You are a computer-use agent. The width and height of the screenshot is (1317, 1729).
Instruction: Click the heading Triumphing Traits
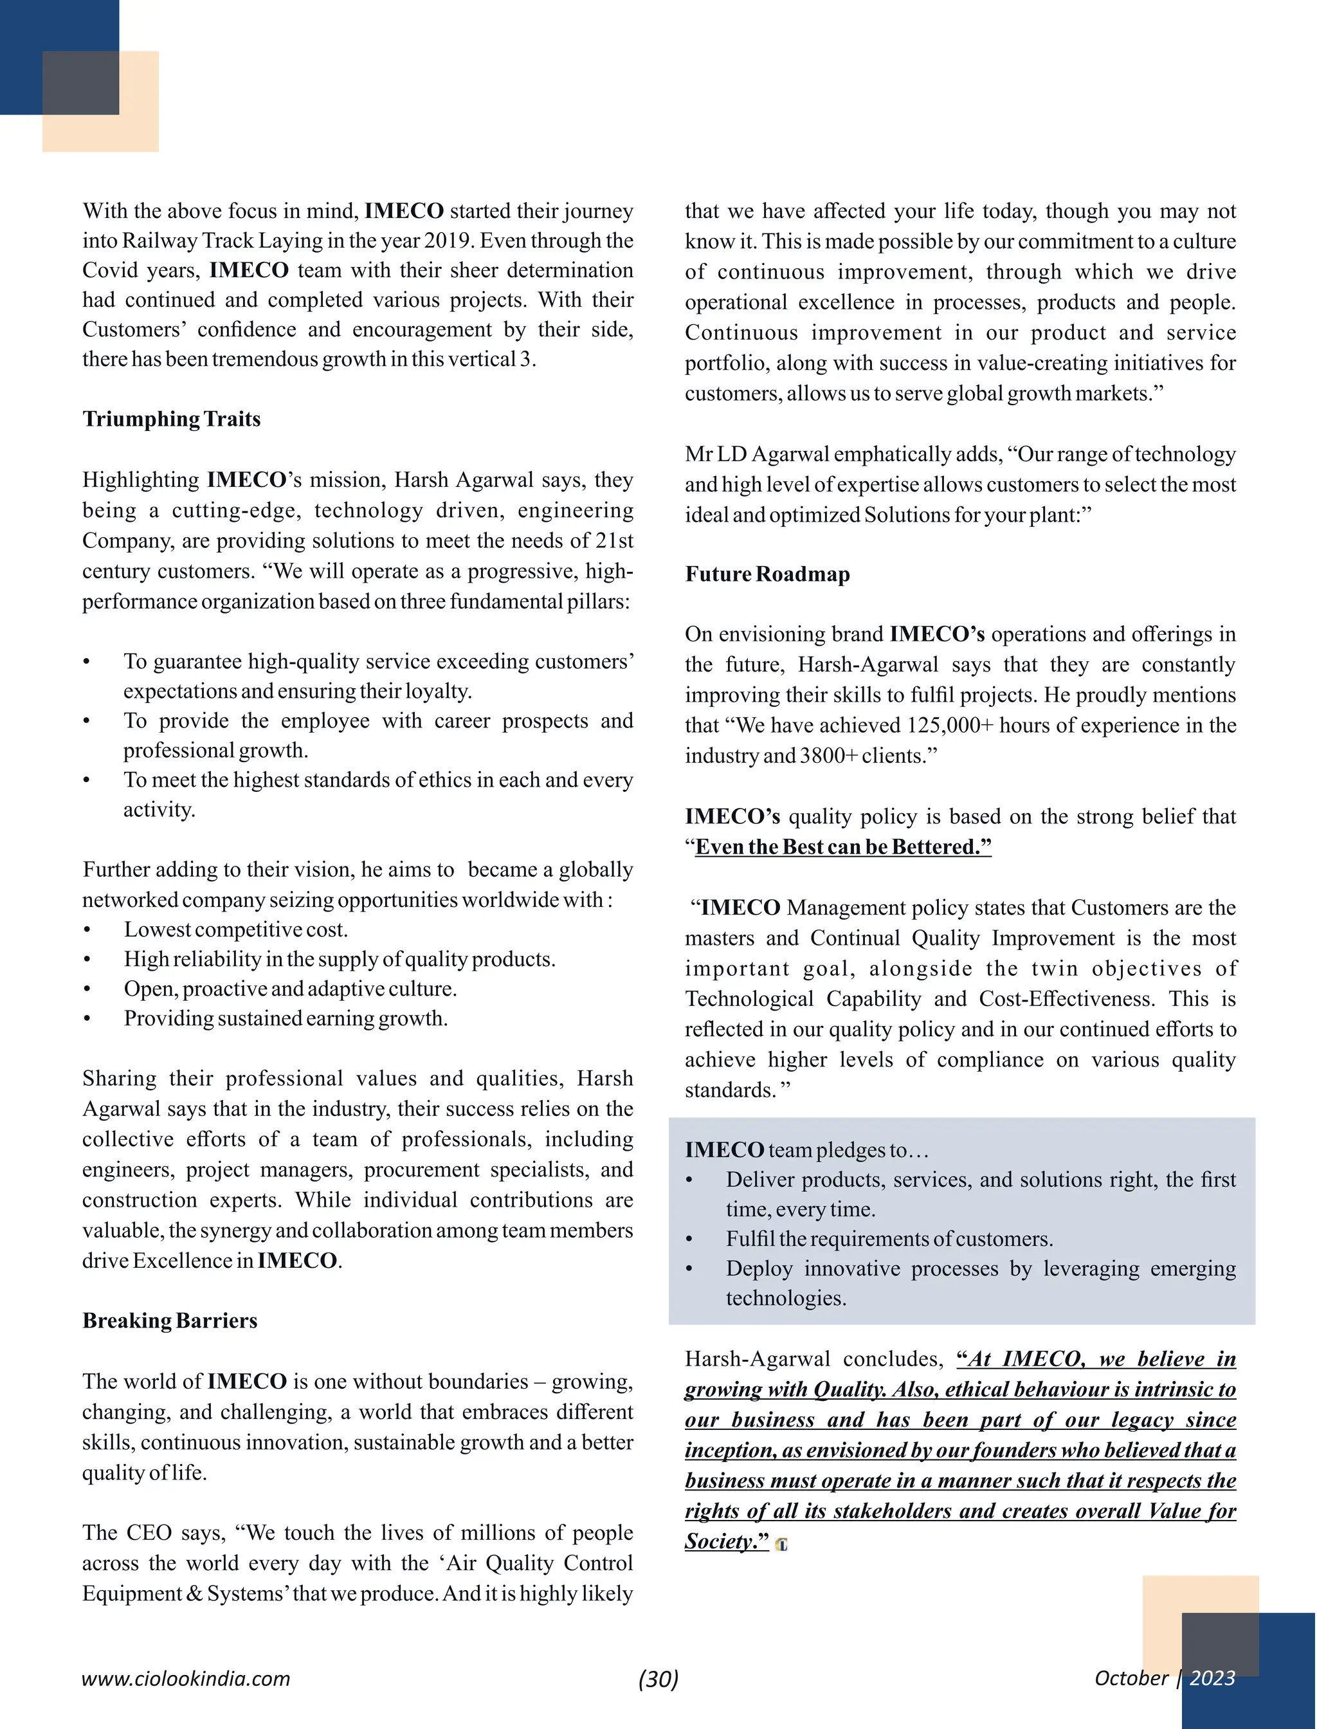[x=171, y=419]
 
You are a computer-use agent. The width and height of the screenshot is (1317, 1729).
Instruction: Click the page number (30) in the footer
[x=658, y=1678]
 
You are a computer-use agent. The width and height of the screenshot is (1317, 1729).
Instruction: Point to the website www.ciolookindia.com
[x=186, y=1679]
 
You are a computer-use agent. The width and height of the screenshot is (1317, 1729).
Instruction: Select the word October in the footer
[x=1131, y=1678]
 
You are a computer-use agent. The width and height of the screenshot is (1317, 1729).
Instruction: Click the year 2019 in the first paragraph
[x=448, y=241]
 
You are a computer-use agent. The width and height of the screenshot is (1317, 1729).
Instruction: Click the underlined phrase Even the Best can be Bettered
[x=842, y=847]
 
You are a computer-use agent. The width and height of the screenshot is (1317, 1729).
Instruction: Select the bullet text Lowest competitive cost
[x=235, y=930]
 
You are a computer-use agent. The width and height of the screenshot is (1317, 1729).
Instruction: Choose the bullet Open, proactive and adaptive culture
[x=290, y=989]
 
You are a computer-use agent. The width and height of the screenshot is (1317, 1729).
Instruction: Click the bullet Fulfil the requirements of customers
[x=889, y=1239]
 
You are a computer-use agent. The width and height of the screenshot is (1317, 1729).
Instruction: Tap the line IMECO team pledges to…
[x=806, y=1150]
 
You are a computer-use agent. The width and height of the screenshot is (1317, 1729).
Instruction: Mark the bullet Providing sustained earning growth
[x=286, y=1019]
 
